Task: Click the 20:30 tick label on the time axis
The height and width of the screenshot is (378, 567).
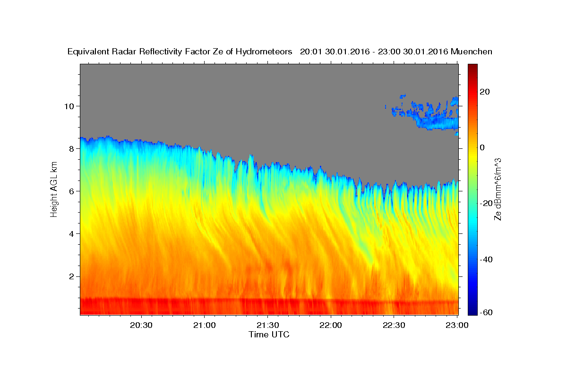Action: pyautogui.click(x=141, y=325)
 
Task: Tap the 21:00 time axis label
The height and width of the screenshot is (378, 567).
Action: pyautogui.click(x=204, y=325)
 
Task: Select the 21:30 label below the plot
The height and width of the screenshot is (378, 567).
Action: pyautogui.click(x=267, y=325)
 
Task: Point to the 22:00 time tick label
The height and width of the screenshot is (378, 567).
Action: pyautogui.click(x=331, y=325)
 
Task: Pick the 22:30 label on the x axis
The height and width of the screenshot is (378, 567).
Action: pyautogui.click(x=394, y=325)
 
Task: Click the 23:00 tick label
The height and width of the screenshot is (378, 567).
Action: pyautogui.click(x=457, y=325)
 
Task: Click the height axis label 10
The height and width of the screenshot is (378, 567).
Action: pyautogui.click(x=69, y=106)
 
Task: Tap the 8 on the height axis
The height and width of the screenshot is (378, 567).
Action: pyautogui.click(x=72, y=149)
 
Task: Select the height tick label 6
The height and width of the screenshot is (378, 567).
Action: pyautogui.click(x=72, y=191)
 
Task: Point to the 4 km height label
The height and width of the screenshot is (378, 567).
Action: pyautogui.click(x=72, y=234)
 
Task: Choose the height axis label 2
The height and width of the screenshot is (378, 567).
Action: pyautogui.click(x=72, y=276)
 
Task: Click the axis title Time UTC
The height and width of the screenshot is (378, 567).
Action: pyautogui.click(x=269, y=335)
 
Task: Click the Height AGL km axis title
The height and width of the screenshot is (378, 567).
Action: pyautogui.click(x=54, y=189)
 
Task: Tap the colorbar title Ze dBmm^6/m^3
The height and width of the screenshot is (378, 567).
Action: pyautogui.click(x=498, y=189)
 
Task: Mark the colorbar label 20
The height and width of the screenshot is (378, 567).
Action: pyautogui.click(x=485, y=92)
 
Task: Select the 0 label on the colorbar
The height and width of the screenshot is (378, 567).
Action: pyautogui.click(x=482, y=147)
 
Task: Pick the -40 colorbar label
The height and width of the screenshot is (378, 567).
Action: pyautogui.click(x=486, y=259)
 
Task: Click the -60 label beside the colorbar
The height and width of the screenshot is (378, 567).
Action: pyautogui.click(x=486, y=312)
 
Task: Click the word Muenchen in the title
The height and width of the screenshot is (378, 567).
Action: pyautogui.click(x=472, y=52)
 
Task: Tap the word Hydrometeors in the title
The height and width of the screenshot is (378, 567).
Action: pyautogui.click(x=264, y=52)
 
